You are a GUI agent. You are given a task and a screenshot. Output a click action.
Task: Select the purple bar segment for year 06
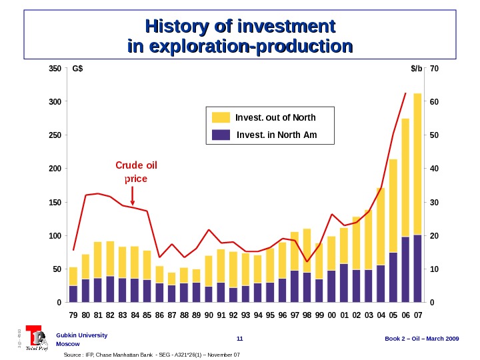(405, 269)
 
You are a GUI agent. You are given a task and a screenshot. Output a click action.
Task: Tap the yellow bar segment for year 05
(393, 205)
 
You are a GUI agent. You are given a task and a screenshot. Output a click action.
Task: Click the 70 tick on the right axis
(435, 69)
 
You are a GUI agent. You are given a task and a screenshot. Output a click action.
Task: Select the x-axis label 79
(73, 314)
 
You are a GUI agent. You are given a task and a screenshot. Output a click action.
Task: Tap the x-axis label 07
(418, 314)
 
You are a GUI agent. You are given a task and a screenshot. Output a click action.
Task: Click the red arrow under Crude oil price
(133, 196)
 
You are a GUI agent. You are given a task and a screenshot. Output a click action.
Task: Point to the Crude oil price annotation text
(136, 171)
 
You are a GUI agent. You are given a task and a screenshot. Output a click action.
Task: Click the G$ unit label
(77, 69)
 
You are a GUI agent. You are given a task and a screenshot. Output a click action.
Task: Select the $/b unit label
(417, 69)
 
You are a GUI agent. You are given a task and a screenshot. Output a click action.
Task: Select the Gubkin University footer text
(81, 335)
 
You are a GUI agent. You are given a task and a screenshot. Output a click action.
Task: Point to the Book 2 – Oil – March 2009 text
(422, 339)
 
